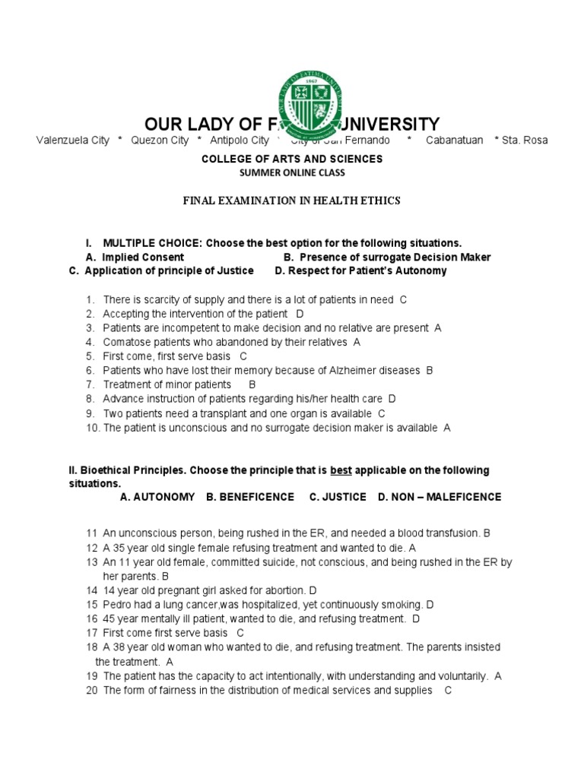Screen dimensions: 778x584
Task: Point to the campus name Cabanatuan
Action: click(x=454, y=141)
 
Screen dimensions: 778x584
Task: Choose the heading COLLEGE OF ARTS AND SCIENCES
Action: click(x=291, y=159)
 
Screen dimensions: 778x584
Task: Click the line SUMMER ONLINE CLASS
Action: click(x=291, y=172)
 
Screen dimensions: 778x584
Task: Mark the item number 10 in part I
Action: click(x=92, y=428)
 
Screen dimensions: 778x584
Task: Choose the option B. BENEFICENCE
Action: click(x=249, y=497)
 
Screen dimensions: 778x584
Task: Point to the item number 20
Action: click(x=92, y=690)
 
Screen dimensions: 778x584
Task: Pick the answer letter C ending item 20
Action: click(x=448, y=690)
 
